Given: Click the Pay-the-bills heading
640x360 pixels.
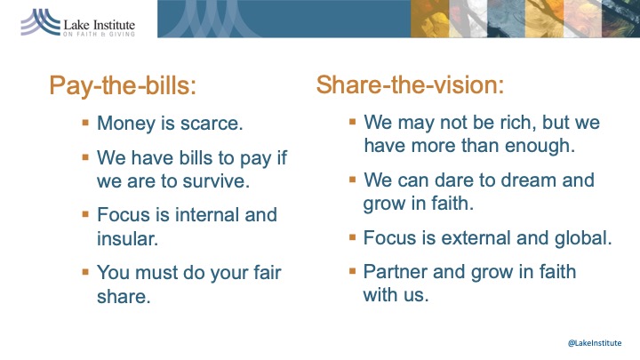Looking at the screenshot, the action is point(123,86).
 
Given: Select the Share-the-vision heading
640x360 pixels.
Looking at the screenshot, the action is point(410,85).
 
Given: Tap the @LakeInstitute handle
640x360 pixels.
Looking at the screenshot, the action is point(595,343).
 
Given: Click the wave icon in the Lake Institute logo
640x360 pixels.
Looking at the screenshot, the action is point(40,22).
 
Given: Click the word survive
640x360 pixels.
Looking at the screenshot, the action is point(216,180).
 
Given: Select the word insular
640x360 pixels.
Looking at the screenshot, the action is point(127,239).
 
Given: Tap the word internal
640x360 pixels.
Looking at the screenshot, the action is point(207,215).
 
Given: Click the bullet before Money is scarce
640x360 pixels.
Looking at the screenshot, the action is point(85,122).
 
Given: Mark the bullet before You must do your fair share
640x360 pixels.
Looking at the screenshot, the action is point(85,271).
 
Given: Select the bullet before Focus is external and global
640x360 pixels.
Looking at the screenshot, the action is point(353,236).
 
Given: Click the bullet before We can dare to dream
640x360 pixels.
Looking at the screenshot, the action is point(353,179).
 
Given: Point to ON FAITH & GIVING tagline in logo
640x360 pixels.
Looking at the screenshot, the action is point(99,35).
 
